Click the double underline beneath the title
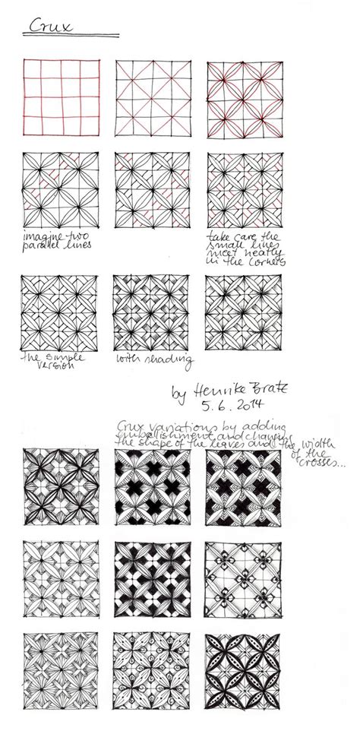[70, 36]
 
